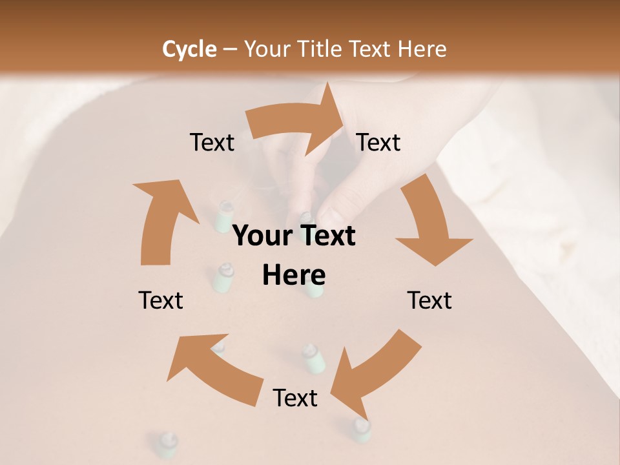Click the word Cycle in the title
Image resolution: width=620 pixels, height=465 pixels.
(x=189, y=49)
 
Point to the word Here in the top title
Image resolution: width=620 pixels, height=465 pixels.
(x=422, y=49)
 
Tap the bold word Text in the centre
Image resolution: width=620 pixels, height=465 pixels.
(x=325, y=236)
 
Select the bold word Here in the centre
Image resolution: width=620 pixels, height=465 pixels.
(x=294, y=275)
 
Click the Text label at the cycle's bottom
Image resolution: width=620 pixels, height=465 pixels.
(x=295, y=398)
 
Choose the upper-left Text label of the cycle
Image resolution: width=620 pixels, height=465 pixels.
(x=212, y=142)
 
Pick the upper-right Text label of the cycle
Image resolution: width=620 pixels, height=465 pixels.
(x=378, y=142)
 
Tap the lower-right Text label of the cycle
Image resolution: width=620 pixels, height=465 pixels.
(x=429, y=300)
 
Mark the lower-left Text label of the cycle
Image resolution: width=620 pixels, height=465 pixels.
(x=161, y=300)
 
